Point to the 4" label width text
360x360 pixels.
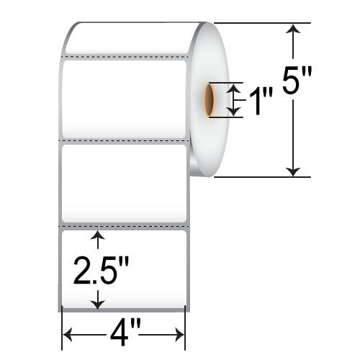(x=124, y=335)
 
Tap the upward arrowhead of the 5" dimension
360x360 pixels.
(x=292, y=29)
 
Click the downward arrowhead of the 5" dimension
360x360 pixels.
(x=292, y=171)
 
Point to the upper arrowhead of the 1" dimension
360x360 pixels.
(x=233, y=87)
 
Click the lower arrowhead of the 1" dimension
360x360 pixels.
(x=233, y=112)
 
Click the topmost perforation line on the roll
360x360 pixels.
(x=126, y=55)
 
